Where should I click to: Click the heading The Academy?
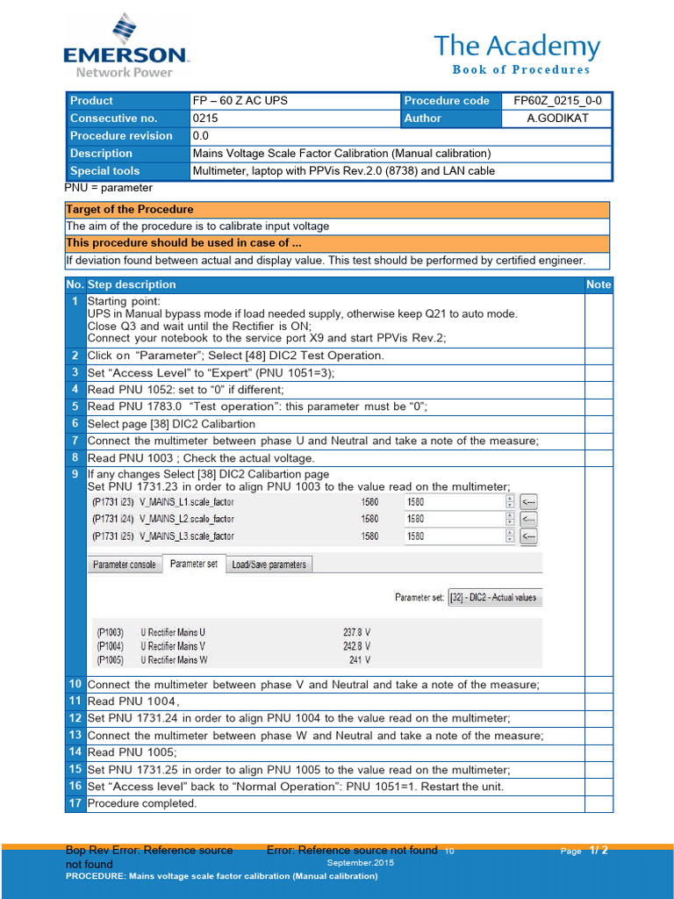(x=518, y=47)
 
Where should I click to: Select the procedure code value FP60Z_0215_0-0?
(x=557, y=101)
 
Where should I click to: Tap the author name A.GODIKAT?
(x=557, y=119)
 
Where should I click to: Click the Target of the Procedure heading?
(x=130, y=210)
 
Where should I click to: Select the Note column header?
(x=599, y=284)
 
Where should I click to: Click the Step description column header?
(x=132, y=284)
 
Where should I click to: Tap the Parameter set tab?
(x=194, y=564)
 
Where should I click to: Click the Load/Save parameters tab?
(x=269, y=565)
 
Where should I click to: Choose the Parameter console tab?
(x=124, y=565)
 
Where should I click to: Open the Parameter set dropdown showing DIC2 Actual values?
(x=494, y=598)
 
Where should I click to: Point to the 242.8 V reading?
(x=355, y=645)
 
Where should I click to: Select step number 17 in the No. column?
(x=75, y=803)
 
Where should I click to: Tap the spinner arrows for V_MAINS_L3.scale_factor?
(x=509, y=536)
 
